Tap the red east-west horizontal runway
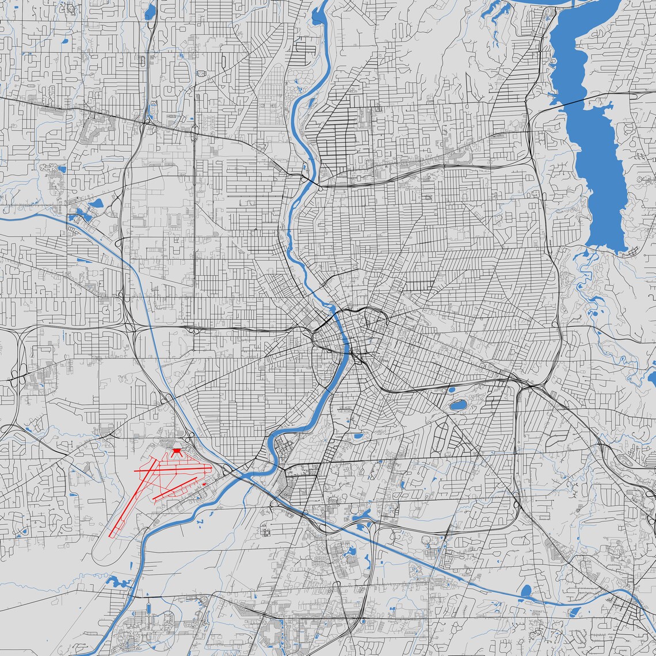pyautogui.click(x=173, y=470)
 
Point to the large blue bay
pyautogui.click(x=593, y=144)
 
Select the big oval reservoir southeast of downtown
pyautogui.click(x=458, y=405)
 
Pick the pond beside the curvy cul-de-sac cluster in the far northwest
pyautogui.click(x=61, y=169)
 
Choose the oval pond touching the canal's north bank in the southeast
pyautogui.click(x=525, y=591)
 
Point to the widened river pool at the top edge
pyautogui.click(x=318, y=17)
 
